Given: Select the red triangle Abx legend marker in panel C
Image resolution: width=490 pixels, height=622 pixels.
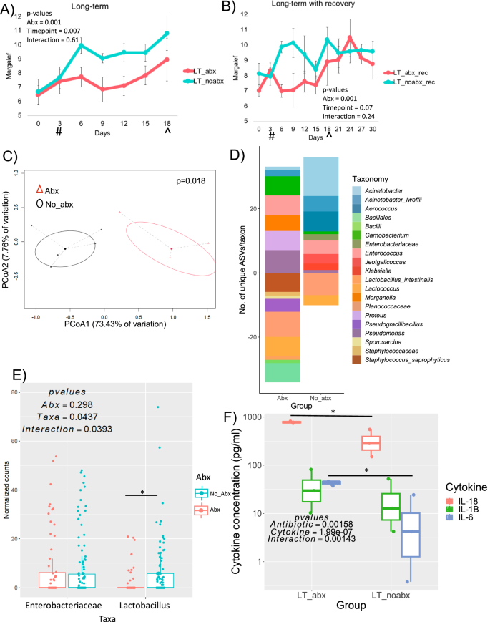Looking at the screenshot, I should point(41,190).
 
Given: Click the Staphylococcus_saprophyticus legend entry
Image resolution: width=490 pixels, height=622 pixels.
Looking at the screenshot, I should point(398,358).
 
